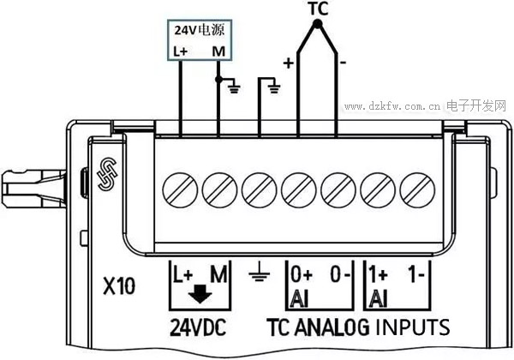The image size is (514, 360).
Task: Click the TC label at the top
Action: tap(317, 9)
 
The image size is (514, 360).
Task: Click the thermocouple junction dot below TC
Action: tap(317, 27)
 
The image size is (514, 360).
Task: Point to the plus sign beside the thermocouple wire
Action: tap(288, 63)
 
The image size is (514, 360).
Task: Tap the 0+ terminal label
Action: tap(302, 277)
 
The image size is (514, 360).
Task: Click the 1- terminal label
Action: tap(418, 277)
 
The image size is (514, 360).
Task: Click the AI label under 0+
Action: tap(299, 299)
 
